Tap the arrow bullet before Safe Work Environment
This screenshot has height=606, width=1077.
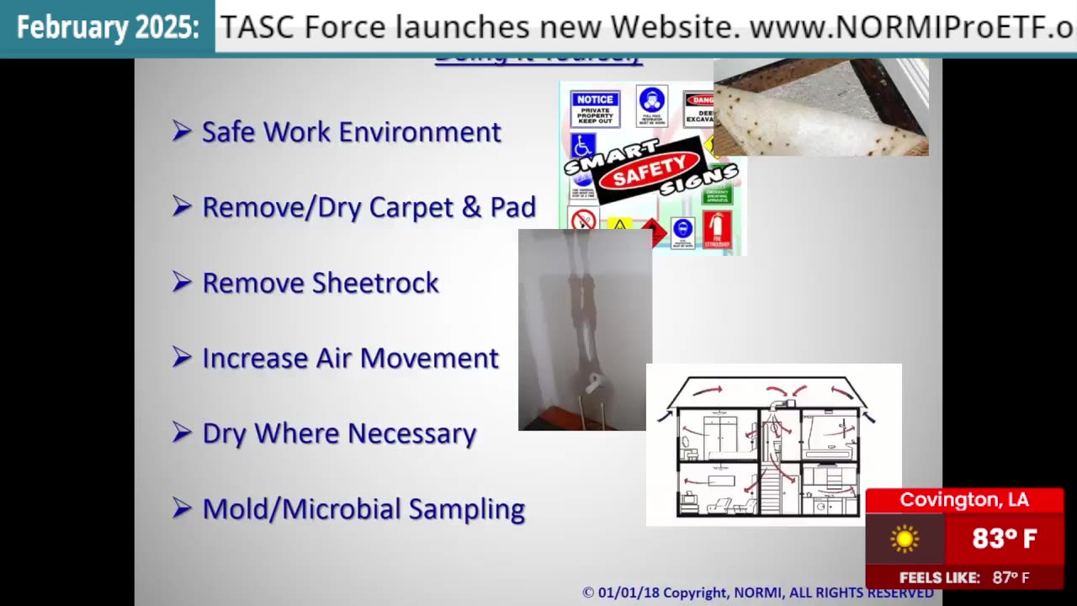[182, 131]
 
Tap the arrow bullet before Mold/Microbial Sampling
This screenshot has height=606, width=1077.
[182, 508]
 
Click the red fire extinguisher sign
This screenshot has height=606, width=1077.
[717, 230]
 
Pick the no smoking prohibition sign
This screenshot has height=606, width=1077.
[583, 221]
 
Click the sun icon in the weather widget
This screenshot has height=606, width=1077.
[905, 539]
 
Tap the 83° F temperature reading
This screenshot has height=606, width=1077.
[1004, 539]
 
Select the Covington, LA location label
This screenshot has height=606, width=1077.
[964, 500]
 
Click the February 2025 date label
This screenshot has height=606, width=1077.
[108, 28]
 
